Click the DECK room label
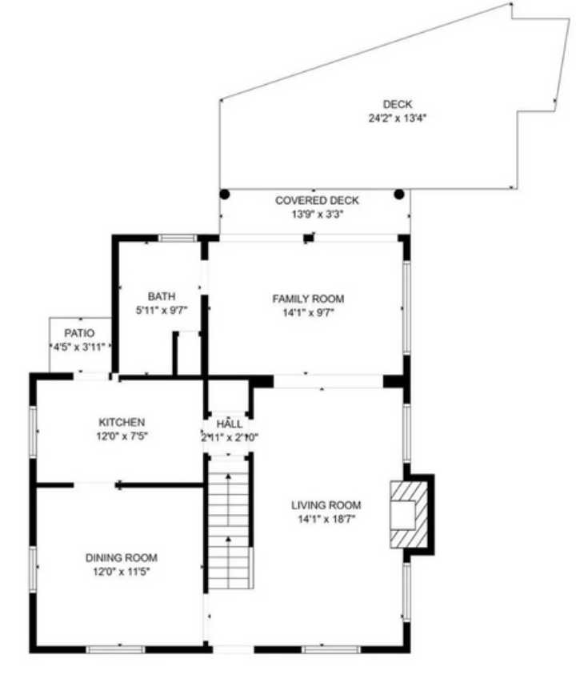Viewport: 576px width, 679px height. (x=397, y=104)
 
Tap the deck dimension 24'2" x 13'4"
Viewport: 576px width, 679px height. (x=397, y=118)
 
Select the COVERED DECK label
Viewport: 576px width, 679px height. (x=317, y=201)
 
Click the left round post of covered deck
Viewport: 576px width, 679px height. (x=225, y=194)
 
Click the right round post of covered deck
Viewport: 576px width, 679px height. (x=399, y=194)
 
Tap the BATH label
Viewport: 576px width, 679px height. (x=161, y=296)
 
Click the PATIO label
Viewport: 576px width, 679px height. (x=79, y=333)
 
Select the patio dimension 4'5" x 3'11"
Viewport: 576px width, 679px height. (x=79, y=347)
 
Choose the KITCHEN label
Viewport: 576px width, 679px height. (x=122, y=422)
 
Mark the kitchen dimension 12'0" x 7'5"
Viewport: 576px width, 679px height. (x=122, y=436)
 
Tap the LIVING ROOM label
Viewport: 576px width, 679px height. (x=326, y=505)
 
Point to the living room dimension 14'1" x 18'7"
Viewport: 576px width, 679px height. (x=326, y=520)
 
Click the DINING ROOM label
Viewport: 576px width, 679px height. (x=122, y=557)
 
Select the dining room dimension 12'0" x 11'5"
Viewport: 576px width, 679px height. (x=122, y=572)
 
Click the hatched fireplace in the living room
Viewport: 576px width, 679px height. (x=404, y=513)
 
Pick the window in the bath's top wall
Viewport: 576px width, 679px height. (x=177, y=238)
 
